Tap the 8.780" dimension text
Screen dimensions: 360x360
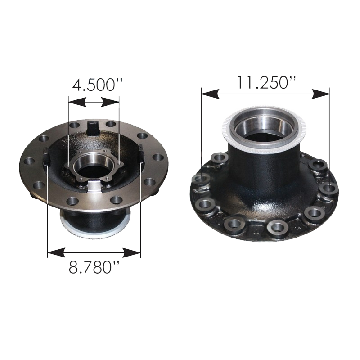coord(94,267)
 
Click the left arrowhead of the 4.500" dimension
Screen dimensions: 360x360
coord(77,102)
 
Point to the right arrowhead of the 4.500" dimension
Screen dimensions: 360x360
coord(110,102)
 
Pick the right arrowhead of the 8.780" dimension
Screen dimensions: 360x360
coord(131,253)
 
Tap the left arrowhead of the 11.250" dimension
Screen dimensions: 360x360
coord(210,94)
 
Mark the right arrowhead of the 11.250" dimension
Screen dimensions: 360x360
coord(320,94)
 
